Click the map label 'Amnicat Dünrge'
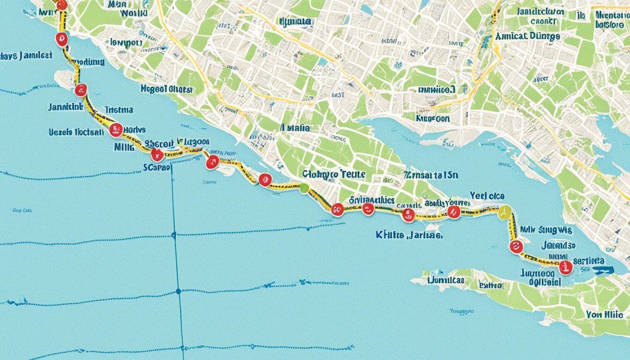[x=527, y=36]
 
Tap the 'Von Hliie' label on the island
[x=604, y=315]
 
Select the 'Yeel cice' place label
[x=487, y=196]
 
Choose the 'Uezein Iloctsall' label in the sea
[x=76, y=132]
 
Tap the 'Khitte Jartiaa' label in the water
[x=409, y=234]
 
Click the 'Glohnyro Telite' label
[x=333, y=174]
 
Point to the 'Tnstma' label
[x=119, y=110]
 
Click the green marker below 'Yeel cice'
[x=504, y=212]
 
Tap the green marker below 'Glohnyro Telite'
[x=304, y=188]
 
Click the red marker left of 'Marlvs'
[x=115, y=130]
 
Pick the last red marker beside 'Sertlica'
[x=566, y=267]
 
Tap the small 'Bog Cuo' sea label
[x=22, y=211]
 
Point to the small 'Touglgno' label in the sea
[x=461, y=311]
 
